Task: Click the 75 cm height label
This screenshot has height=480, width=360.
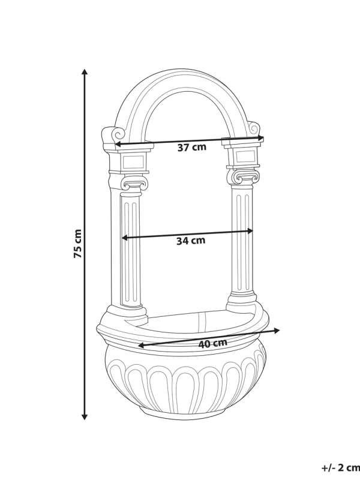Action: [77, 244]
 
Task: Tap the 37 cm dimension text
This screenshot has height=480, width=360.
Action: [191, 148]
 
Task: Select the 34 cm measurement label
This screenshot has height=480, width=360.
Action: [191, 241]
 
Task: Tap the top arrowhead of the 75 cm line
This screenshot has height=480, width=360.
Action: [85, 72]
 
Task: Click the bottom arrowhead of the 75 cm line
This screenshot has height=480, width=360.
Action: [85, 415]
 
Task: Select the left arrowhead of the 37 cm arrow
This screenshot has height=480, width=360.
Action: [118, 145]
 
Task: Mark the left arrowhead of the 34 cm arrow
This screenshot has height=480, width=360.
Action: [125, 238]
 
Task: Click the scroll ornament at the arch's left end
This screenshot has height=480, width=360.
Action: [109, 134]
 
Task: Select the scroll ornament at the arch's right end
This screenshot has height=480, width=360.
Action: [254, 128]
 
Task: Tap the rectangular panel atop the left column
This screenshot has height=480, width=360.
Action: [132, 161]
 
